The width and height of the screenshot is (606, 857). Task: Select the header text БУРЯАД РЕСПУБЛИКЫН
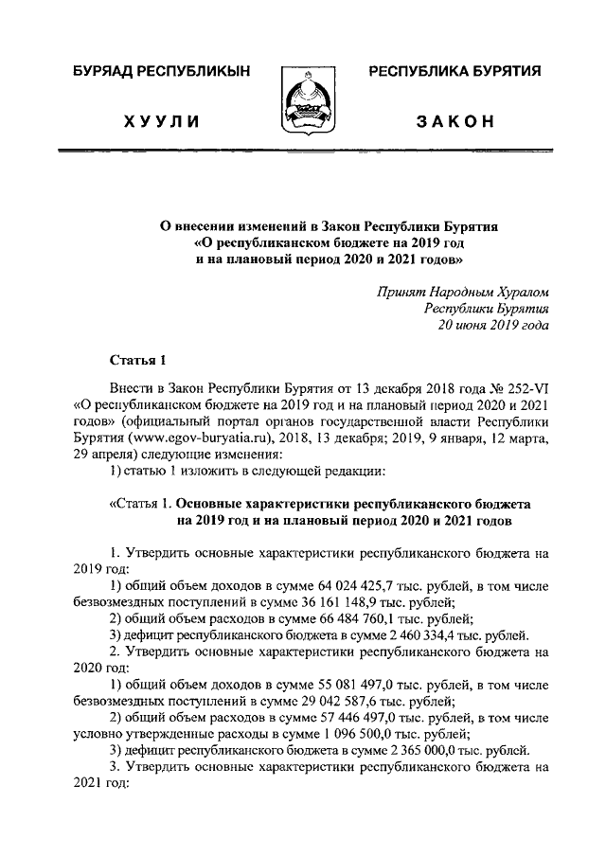pos(159,72)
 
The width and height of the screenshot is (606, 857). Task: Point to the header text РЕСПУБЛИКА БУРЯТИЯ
pos(454,72)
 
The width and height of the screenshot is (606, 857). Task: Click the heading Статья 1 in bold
pos(138,359)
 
